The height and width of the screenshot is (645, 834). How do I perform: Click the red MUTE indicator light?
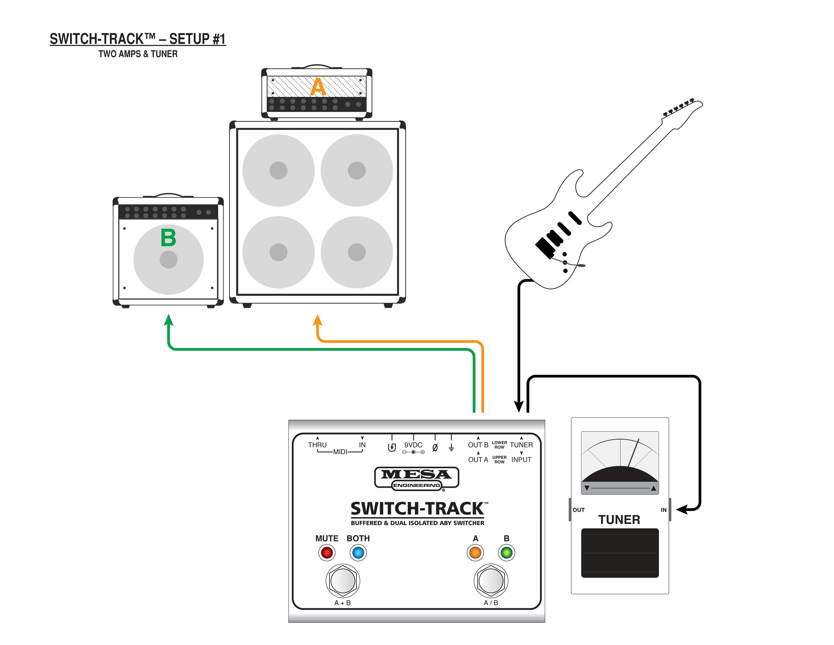point(327,553)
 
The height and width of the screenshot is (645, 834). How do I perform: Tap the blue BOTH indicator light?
point(358,553)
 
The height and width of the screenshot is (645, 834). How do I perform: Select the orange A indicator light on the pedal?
point(475,553)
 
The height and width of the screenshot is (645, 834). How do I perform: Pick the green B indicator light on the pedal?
point(506,553)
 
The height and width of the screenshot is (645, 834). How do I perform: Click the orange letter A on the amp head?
point(318,87)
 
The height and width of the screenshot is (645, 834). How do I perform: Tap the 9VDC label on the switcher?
point(413,445)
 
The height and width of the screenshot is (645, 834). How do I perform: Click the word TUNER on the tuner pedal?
point(619,520)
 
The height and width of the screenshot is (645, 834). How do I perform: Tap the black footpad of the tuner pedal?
point(620,553)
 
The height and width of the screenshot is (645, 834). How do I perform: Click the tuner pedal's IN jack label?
point(664,510)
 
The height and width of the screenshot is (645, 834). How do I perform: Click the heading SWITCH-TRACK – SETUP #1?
point(138,39)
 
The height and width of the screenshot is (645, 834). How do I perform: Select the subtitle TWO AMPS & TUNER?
point(138,54)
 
